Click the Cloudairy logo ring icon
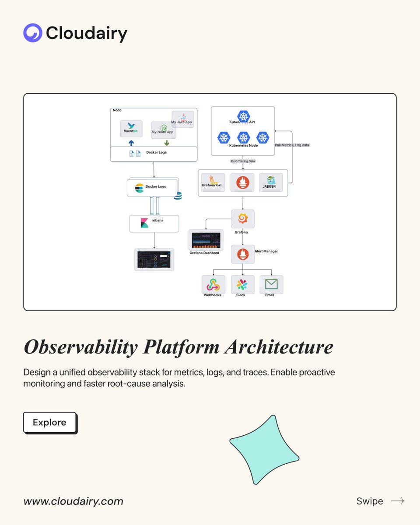click(33, 33)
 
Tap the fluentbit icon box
click(131, 129)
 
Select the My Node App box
click(163, 130)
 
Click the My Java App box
click(183, 119)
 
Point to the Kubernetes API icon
click(243, 116)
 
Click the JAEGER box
click(270, 182)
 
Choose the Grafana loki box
click(213, 182)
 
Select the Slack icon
click(242, 284)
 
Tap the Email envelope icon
click(271, 284)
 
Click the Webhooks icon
click(213, 284)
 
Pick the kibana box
click(154, 223)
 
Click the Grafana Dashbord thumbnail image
click(206, 240)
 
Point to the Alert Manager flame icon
click(242, 254)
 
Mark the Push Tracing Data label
click(243, 161)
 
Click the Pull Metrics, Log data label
click(292, 145)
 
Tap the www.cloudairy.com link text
click(73, 501)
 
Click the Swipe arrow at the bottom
click(397, 501)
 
